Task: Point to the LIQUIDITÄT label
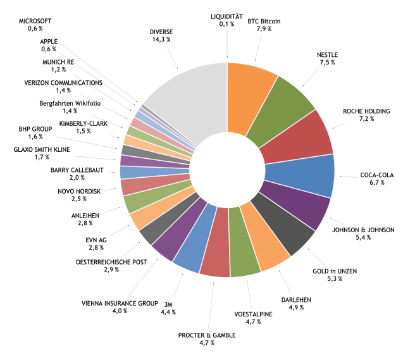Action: [x=226, y=16]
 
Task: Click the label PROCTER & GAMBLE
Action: [x=207, y=334]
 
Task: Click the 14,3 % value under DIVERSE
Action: [x=161, y=39]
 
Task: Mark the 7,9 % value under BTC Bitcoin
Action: [x=263, y=28]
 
